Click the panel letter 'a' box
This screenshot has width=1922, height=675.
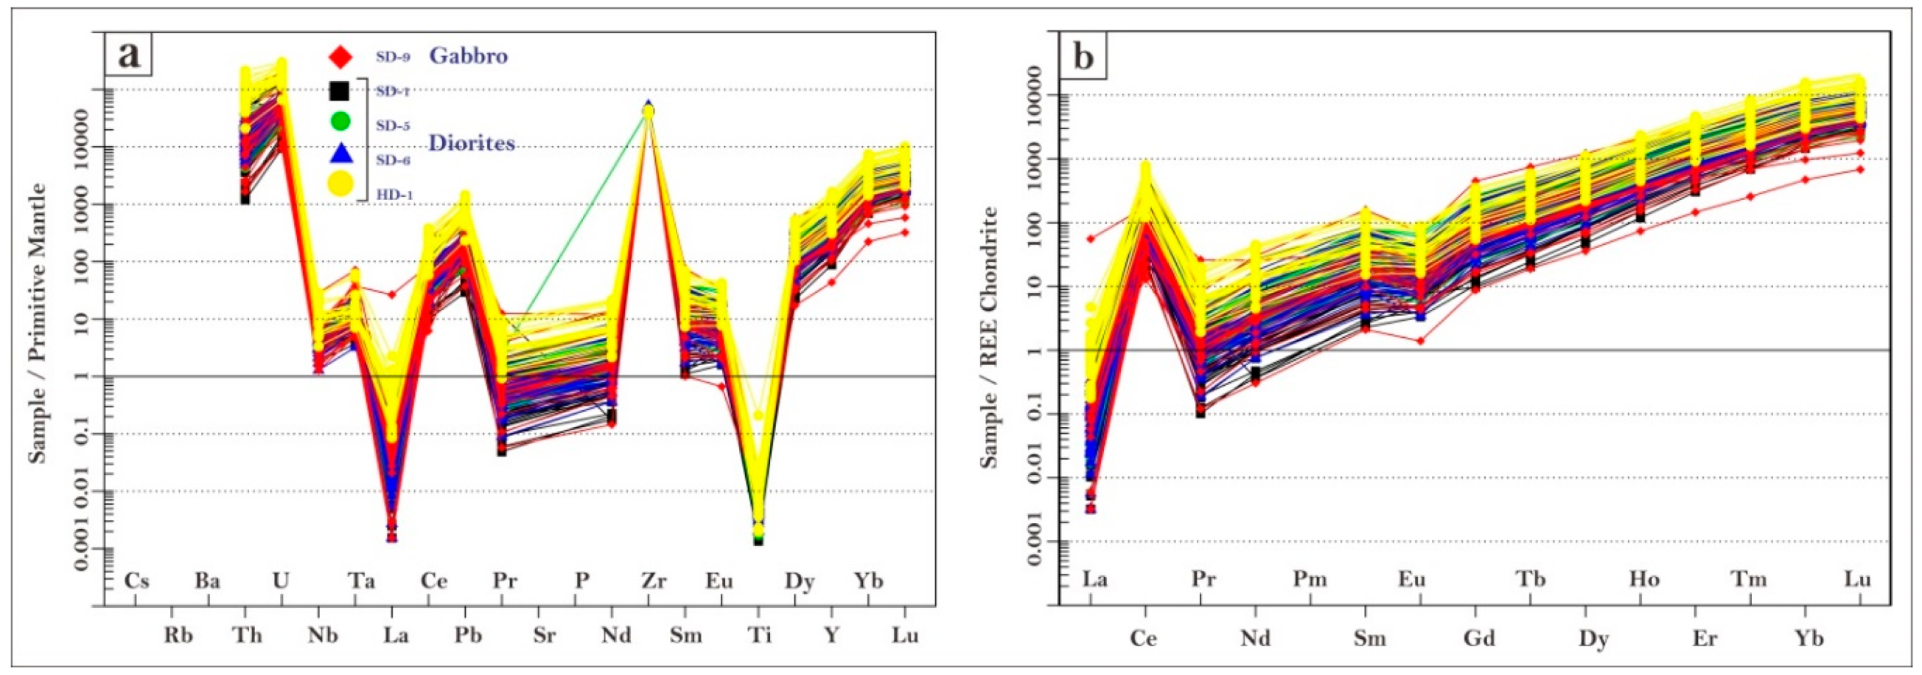point(129,55)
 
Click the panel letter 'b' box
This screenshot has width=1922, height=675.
point(1083,57)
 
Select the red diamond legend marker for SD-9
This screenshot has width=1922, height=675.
point(340,56)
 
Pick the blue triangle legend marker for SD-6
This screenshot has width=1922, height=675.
point(340,154)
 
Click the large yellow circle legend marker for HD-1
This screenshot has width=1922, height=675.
point(340,184)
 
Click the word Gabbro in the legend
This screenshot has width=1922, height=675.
point(468,56)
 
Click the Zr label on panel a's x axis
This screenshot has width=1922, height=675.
point(654,581)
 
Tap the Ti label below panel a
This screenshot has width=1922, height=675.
point(759,634)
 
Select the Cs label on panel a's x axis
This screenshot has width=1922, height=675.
point(136,581)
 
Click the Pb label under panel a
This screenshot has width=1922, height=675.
point(468,634)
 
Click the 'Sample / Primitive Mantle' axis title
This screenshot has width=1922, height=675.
point(38,322)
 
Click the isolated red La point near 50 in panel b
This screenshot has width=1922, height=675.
point(1091,239)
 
